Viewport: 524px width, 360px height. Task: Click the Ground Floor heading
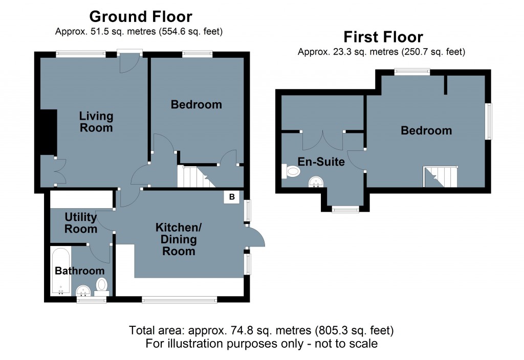(x=141, y=17)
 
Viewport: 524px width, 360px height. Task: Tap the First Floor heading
(x=383, y=37)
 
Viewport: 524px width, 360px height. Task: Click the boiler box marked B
(x=232, y=197)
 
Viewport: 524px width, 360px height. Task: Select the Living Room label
(x=96, y=122)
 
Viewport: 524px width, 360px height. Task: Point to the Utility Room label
(x=81, y=223)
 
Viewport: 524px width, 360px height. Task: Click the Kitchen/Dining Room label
(x=179, y=239)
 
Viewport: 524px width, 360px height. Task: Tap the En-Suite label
(x=321, y=162)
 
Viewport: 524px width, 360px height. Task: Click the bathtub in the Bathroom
(x=61, y=272)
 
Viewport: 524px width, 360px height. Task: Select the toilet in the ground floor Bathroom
(x=102, y=287)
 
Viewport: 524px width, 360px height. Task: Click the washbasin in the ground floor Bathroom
(x=83, y=290)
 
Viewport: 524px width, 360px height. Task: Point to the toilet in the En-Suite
(x=291, y=171)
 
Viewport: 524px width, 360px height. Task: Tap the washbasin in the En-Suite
(x=316, y=182)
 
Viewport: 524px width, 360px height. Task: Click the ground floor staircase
(x=196, y=176)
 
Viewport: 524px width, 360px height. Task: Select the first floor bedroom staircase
(x=441, y=176)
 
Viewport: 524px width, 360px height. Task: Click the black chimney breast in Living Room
(x=49, y=132)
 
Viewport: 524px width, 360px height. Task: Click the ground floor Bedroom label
(x=196, y=104)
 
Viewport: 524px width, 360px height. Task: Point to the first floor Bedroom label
(x=426, y=130)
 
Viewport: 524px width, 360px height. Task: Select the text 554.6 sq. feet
(x=189, y=31)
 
